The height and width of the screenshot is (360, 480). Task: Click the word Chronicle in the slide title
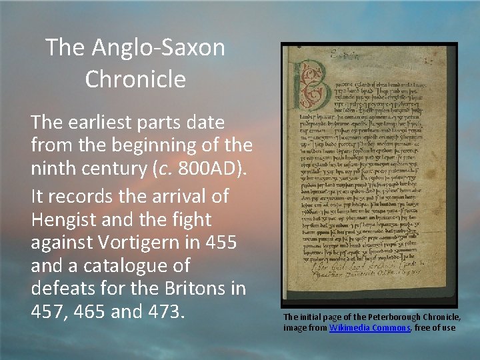point(135,79)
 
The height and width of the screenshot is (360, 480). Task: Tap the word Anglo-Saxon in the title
point(155,47)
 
